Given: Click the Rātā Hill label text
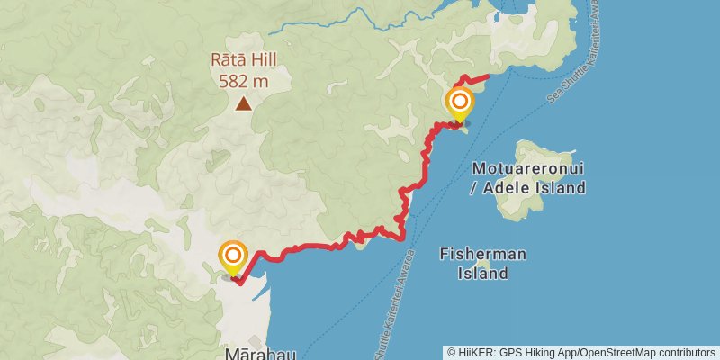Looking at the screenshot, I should point(243,61).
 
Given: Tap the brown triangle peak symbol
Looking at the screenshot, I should point(244,103).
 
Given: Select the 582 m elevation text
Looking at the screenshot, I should point(243,81).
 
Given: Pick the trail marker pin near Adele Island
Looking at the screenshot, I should point(460,103).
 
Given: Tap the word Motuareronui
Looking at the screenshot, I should point(529,168).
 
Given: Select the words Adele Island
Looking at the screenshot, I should point(535,188).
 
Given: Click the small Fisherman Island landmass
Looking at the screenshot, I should point(483,264).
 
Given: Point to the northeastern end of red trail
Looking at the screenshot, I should point(487,76).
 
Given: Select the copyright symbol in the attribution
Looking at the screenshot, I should point(453,352).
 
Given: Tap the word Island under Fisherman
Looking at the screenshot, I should point(482,274).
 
